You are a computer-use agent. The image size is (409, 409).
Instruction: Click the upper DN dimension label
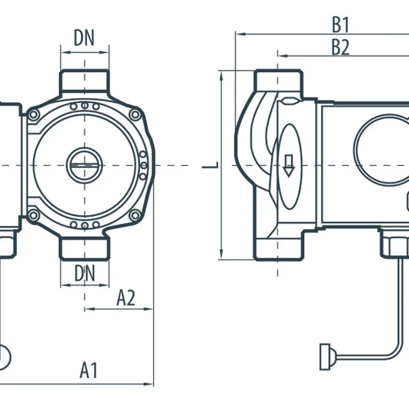(85, 38)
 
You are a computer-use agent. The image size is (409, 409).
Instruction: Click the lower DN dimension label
(85, 274)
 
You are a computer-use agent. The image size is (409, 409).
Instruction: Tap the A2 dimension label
(126, 298)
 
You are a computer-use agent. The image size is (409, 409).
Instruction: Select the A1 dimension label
(88, 371)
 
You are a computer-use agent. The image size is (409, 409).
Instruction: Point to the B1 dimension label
(340, 24)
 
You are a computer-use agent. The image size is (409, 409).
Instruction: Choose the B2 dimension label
(340, 47)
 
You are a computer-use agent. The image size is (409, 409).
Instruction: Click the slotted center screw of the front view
(85, 165)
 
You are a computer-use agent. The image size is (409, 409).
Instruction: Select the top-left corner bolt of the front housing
(34, 115)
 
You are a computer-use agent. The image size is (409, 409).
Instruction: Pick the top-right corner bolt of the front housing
(135, 115)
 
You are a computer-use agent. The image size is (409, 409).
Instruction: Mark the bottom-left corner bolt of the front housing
(34, 215)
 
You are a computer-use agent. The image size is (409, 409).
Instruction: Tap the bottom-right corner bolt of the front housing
(135, 215)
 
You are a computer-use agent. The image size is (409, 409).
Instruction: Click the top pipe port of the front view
(85, 82)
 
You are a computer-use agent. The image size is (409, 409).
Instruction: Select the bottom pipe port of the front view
(85, 248)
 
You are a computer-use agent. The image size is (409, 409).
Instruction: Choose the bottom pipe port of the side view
(278, 247)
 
